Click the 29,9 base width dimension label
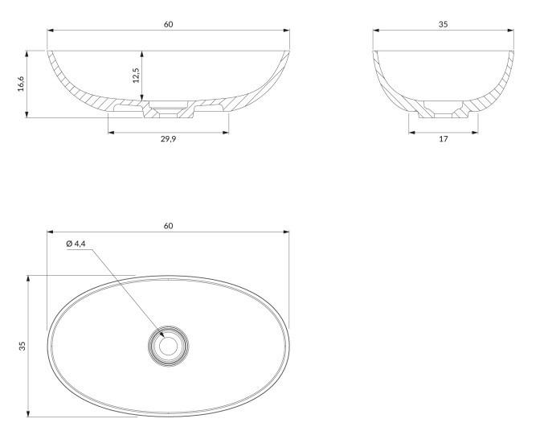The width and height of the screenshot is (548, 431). coord(168,139)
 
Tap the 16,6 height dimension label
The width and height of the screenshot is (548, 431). coord(21,84)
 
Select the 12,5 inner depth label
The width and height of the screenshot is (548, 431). coord(136,76)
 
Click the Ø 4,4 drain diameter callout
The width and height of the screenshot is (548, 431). coord(76,244)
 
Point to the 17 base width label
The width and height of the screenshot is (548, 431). coord(444,139)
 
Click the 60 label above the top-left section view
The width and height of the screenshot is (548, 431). coord(168,24)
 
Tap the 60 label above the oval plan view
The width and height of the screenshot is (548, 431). coord(168,226)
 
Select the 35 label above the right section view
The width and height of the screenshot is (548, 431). coord(444,24)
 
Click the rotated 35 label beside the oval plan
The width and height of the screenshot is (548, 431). coord(22,346)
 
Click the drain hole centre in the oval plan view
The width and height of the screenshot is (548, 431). coord(169,346)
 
